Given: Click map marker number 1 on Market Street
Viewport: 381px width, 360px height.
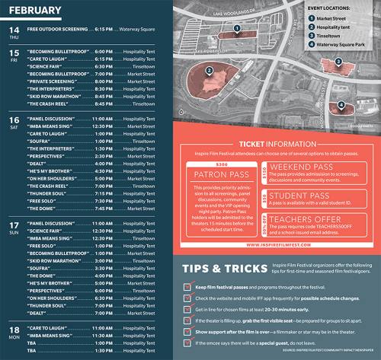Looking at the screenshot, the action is [x=238, y=28].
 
